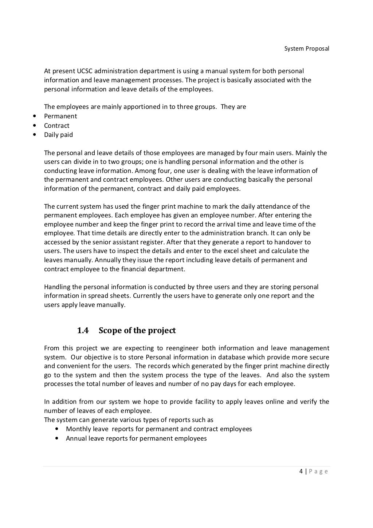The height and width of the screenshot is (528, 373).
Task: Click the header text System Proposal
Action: pos(306,48)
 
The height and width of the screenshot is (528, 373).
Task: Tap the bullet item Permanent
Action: pos(60,116)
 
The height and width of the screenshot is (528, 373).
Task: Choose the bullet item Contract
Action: pos(56,126)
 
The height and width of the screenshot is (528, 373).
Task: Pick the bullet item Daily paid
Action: pos(58,135)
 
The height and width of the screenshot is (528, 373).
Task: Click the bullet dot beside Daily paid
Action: pos(34,135)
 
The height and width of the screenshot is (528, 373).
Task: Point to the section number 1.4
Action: pos(83,330)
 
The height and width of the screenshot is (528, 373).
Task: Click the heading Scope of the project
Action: pos(137,330)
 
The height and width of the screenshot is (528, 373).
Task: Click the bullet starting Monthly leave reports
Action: pos(159,429)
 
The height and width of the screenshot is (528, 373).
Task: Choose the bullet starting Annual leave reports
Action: pos(136,438)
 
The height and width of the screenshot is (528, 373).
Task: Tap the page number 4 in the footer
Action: pos(301,472)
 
